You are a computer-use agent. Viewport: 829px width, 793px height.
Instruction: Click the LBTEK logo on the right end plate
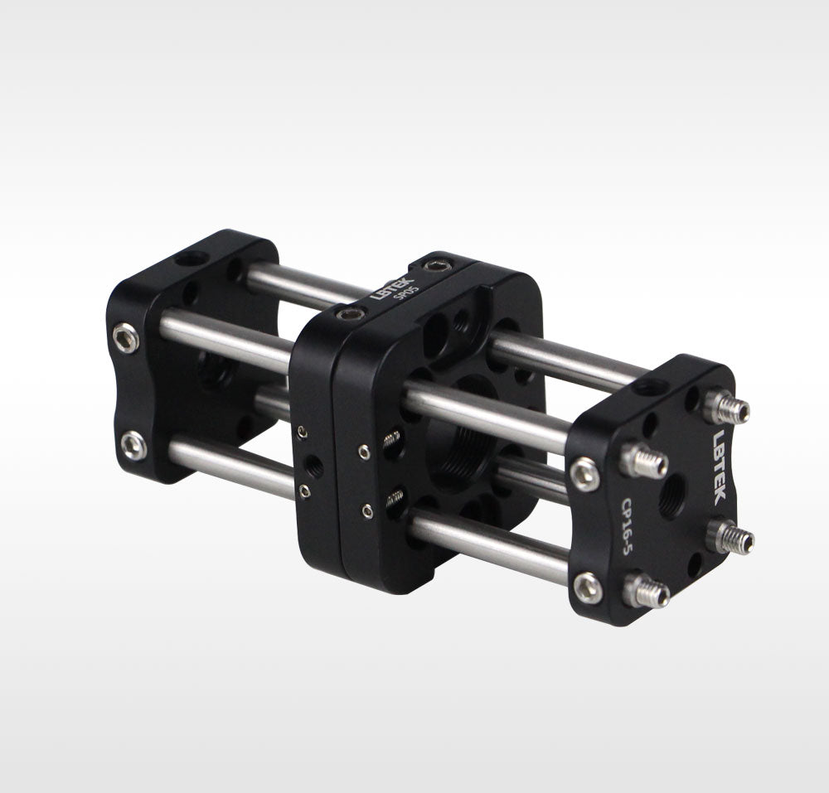[x=721, y=467]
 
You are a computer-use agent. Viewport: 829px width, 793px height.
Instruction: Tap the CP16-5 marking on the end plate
[x=628, y=526]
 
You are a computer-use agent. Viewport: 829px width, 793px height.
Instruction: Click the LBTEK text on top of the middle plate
[x=392, y=288]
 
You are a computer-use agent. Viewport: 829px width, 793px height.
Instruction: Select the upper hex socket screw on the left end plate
[x=126, y=338]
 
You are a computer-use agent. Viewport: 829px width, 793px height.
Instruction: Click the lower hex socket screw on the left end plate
[x=133, y=445]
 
